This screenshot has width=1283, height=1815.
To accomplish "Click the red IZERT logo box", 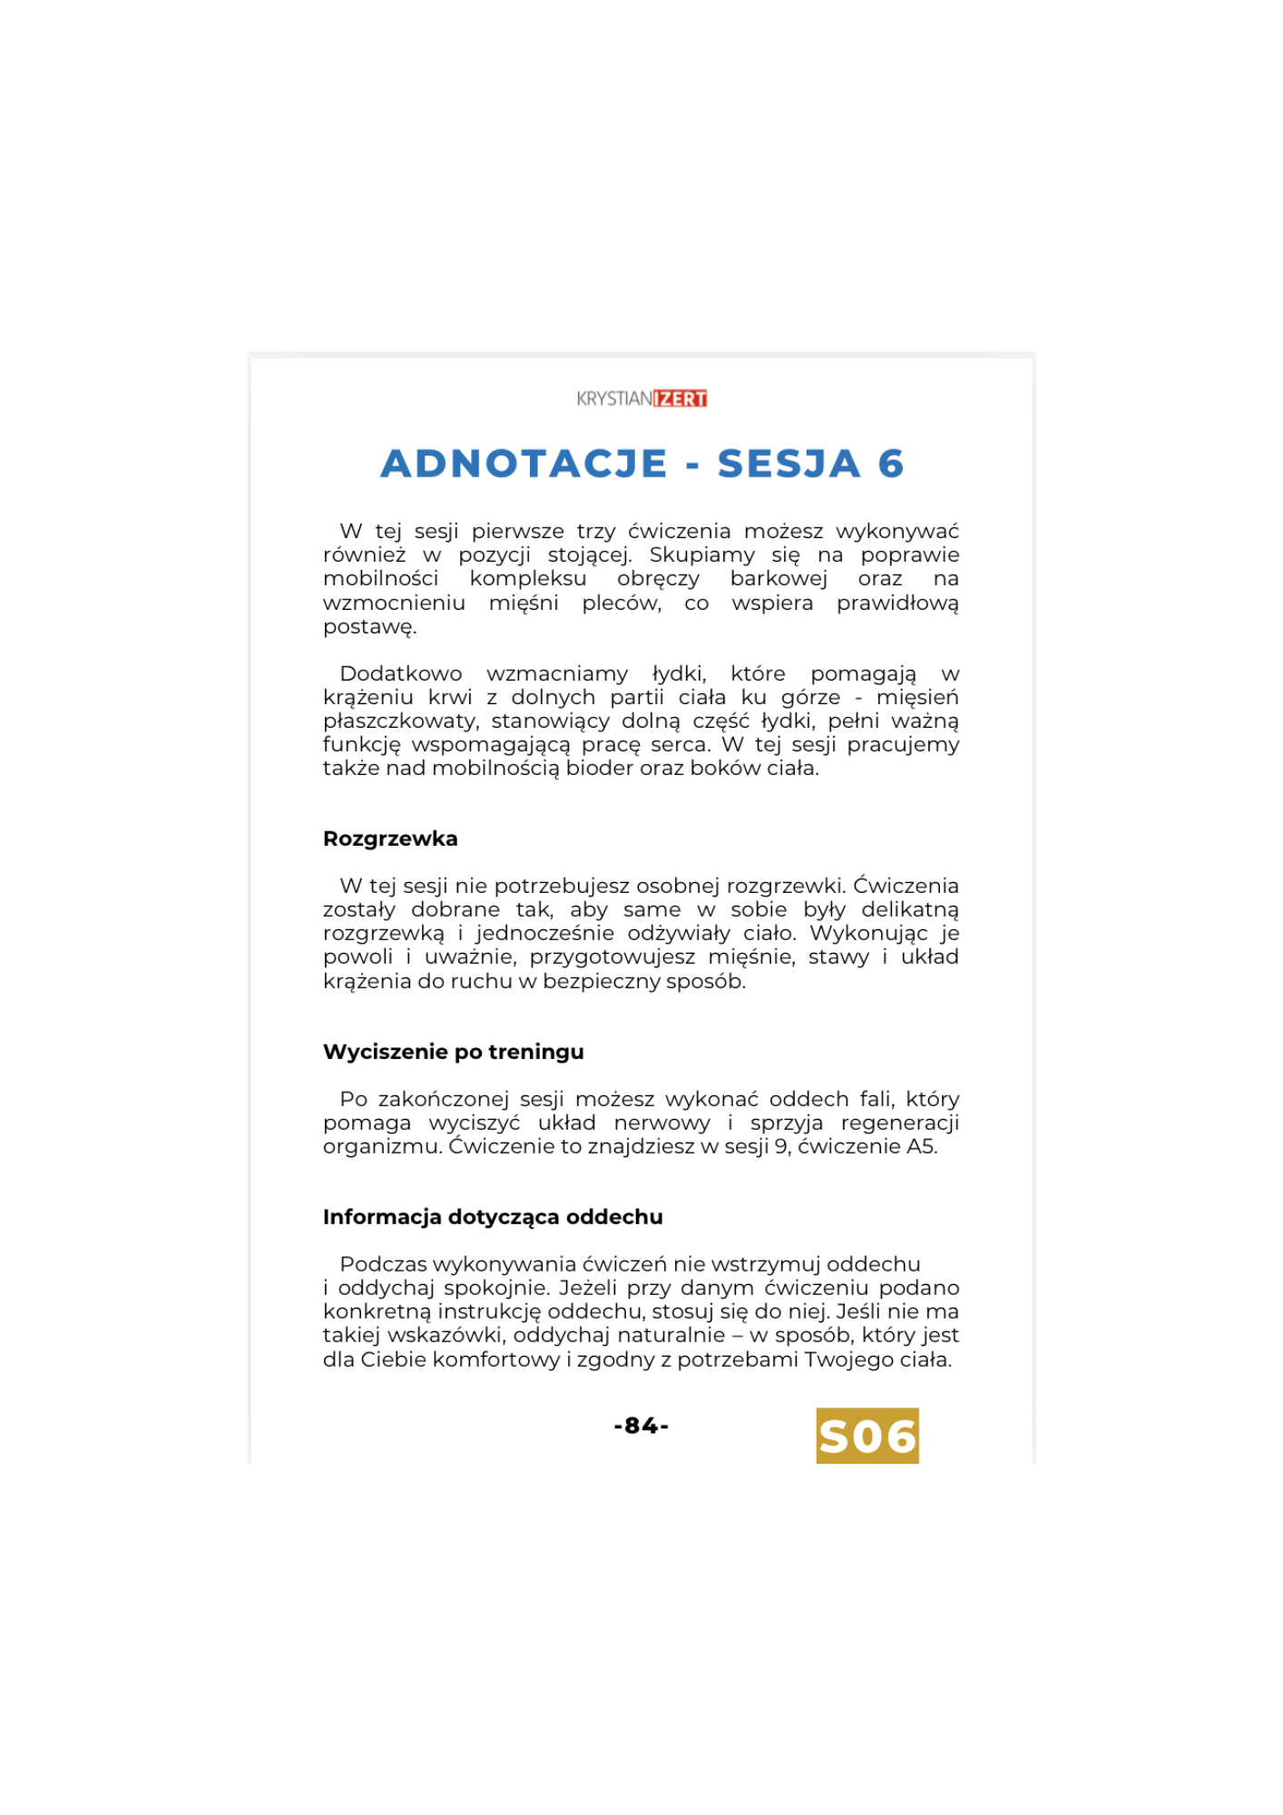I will [681, 398].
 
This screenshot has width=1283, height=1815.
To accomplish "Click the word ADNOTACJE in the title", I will [524, 464].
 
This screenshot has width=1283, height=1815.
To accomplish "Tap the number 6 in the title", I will [890, 464].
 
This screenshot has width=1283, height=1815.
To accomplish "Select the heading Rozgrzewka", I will [390, 839].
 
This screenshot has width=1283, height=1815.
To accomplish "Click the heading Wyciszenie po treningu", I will [453, 1052].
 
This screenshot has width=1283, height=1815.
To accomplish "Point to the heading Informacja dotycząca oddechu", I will [493, 1217].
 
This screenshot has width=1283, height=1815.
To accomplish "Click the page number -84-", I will [641, 1426].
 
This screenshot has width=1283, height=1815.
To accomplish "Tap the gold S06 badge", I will [867, 1436].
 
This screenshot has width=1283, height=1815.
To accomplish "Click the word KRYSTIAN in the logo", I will [614, 398].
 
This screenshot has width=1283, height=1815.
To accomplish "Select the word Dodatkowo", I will [400, 673].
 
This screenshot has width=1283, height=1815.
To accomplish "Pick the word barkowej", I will [778, 579].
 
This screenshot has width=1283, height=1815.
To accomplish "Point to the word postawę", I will [368, 627].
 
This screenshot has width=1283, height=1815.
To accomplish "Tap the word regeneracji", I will [899, 1123].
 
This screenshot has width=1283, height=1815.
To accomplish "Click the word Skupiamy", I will [700, 555].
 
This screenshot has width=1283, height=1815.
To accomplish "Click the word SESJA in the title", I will [788, 464].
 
